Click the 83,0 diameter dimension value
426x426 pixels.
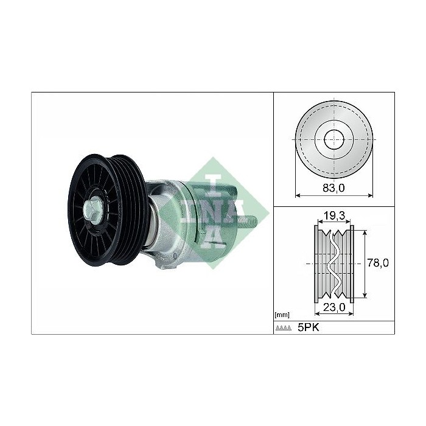coord(333,187)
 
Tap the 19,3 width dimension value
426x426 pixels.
coord(334,215)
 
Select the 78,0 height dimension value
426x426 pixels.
coord(378,263)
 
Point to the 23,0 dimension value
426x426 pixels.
coord(334,307)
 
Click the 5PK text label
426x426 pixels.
coord(309,327)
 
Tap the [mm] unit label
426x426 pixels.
coord(282,315)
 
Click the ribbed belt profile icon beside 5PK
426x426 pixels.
coord(284,328)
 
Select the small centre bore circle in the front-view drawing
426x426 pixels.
coord(334,139)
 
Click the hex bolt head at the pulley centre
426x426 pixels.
coord(93,209)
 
